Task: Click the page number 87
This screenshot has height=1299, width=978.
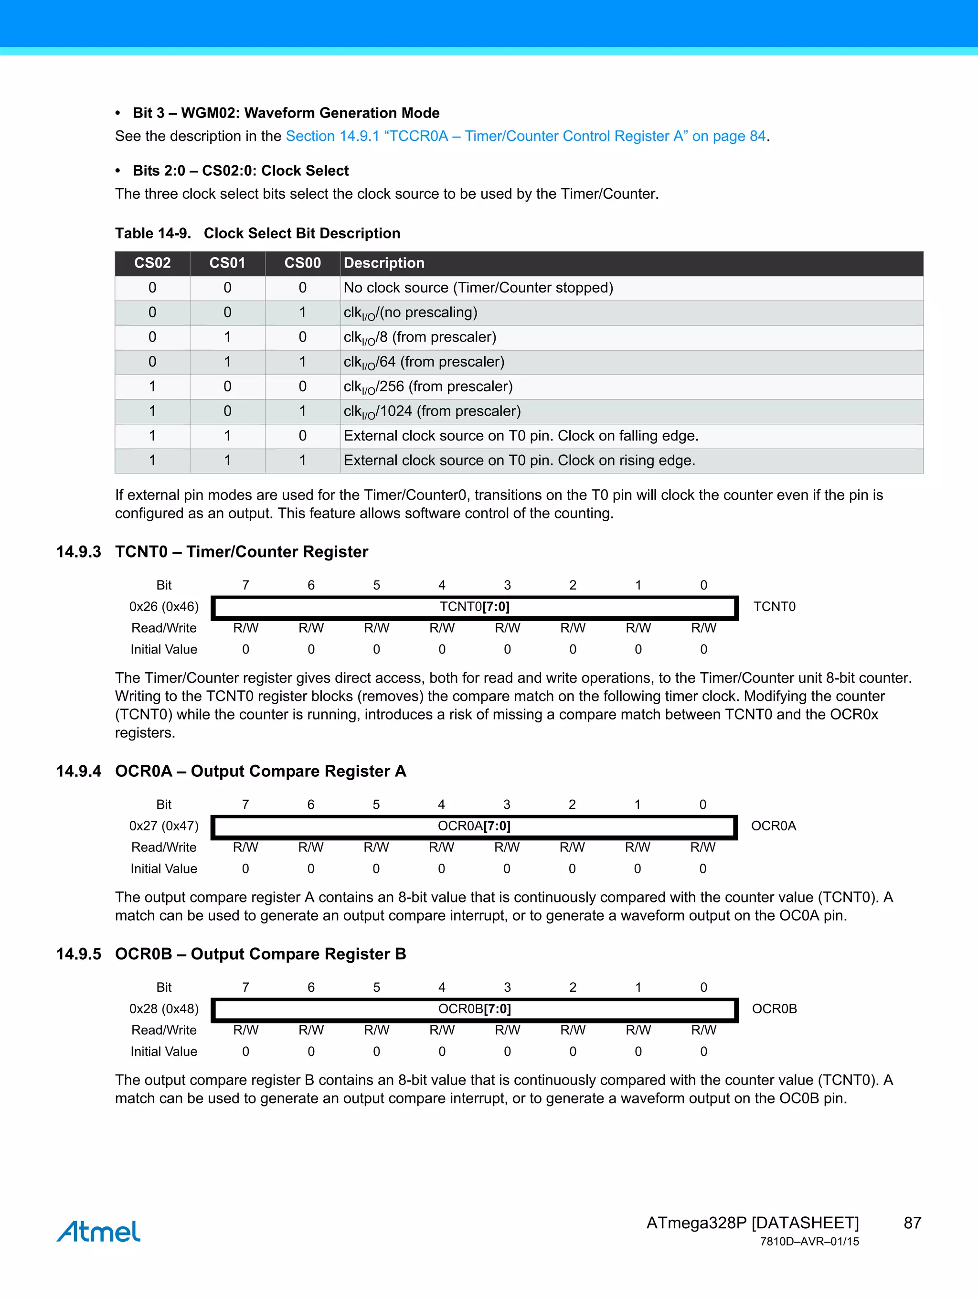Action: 912,1223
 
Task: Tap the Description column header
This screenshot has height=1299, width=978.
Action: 384,263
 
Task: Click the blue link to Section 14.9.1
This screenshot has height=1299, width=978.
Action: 526,136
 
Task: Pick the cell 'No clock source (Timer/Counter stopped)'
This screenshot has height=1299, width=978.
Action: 478,288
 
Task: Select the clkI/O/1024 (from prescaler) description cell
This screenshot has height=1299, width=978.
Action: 432,411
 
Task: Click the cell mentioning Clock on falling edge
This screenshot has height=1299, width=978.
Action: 521,436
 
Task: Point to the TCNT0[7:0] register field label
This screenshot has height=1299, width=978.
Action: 474,607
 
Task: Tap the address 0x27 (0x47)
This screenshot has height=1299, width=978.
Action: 164,826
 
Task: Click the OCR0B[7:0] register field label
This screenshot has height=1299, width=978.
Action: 474,1009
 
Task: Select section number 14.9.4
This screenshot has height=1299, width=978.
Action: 79,771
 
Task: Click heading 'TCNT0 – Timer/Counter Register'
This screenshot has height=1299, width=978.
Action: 241,552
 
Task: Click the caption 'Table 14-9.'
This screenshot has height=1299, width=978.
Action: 153,234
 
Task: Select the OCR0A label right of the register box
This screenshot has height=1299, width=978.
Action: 773,826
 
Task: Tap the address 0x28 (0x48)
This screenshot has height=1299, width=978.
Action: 164,1009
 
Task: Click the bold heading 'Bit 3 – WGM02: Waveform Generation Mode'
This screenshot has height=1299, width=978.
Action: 286,113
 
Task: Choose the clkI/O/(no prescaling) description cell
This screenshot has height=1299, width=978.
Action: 410,312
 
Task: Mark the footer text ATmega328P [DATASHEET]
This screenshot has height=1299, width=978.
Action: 752,1223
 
